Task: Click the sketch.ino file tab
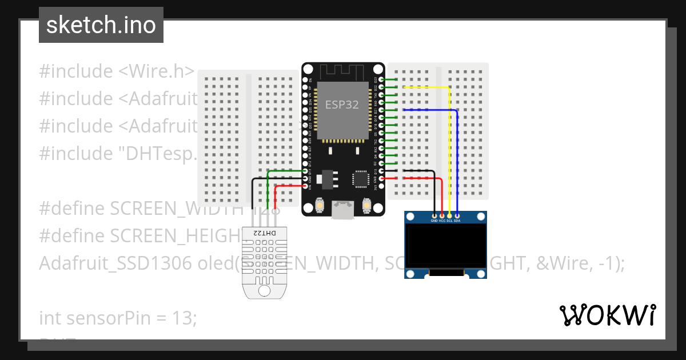101,25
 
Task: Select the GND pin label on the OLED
434,220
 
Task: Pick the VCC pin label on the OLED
442,220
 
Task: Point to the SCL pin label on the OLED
449,220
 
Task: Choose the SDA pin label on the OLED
457,220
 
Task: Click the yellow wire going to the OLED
449,149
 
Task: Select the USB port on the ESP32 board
343,210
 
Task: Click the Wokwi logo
608,315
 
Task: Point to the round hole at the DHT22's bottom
264,290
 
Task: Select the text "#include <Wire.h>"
117,71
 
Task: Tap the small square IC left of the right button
361,178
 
